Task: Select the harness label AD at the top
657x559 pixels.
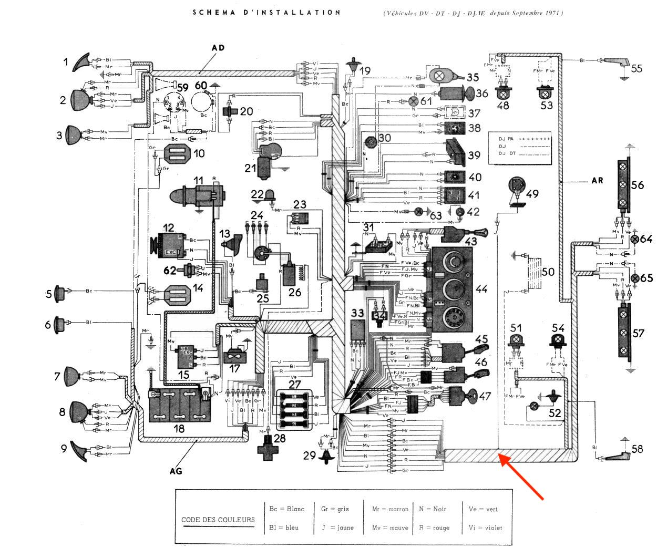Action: [218, 48]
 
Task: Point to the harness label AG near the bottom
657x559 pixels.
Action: [176, 471]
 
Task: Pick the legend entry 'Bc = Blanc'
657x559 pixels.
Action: [286, 509]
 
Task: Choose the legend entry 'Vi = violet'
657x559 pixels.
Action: [485, 527]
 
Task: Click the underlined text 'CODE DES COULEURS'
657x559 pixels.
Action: [218, 520]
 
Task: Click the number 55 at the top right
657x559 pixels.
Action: [636, 68]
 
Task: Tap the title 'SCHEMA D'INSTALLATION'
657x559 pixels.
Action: [266, 12]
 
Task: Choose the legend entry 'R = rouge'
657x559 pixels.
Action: [434, 527]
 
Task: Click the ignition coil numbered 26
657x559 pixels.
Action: [289, 271]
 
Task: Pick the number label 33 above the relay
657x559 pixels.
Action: [358, 313]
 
